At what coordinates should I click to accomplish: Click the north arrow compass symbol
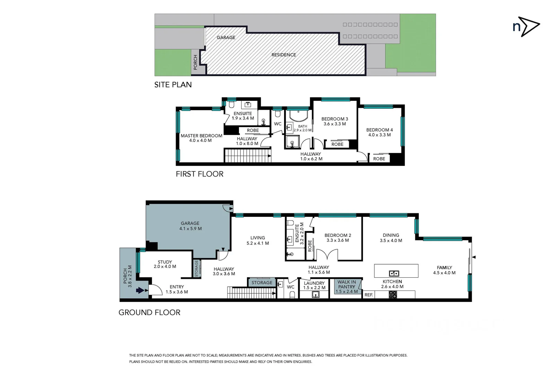[526, 27]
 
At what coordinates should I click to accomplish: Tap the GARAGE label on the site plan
[226, 37]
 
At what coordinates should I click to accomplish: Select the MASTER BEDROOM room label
[201, 136]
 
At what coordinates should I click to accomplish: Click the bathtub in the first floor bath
[299, 116]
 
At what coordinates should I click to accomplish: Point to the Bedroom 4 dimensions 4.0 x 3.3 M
[379, 135]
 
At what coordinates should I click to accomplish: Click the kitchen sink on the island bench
[394, 274]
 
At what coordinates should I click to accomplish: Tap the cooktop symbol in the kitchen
[393, 295]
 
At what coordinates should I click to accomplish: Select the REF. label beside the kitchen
[369, 295]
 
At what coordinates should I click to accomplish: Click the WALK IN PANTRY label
[346, 284]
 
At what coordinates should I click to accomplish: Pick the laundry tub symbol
[315, 295]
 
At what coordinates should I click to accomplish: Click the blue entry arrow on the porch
[140, 290]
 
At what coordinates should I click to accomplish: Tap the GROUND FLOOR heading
[149, 312]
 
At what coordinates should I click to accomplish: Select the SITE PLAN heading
[173, 84]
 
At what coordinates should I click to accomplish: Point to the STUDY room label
[165, 262]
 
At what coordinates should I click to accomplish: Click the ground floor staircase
[251, 293]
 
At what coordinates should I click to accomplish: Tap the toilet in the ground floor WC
[292, 294]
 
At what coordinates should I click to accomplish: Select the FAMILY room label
[444, 267]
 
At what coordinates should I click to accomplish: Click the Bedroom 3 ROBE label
[337, 144]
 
